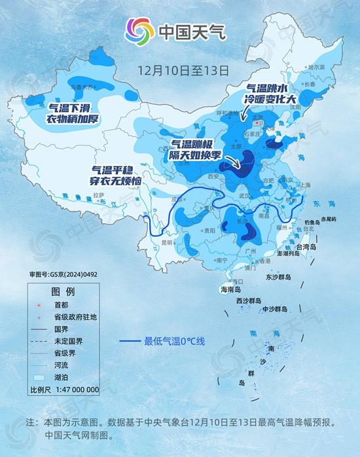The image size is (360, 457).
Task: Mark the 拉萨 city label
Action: (98, 194)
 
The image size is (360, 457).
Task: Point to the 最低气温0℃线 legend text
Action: (175, 341)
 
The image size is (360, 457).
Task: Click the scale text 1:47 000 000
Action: (73, 390)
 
